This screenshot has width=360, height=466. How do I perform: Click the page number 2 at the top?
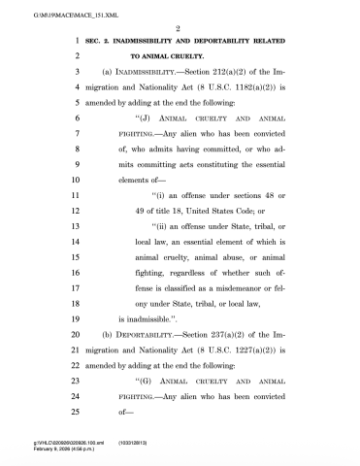[180, 29]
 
